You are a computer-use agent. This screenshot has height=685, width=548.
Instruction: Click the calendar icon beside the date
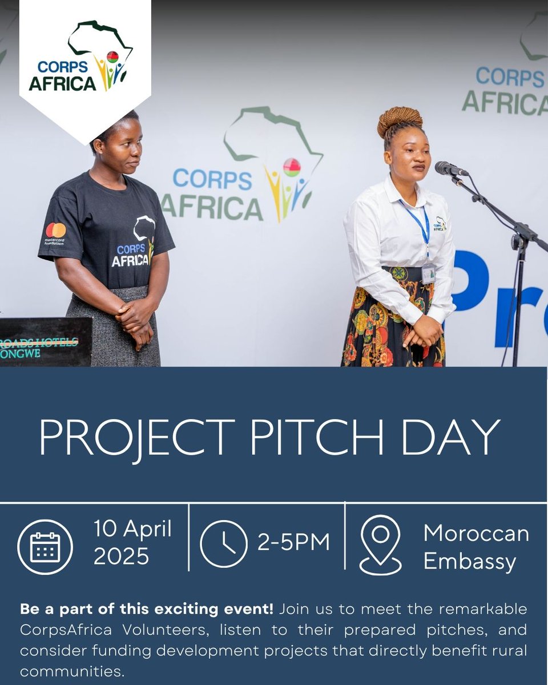(45, 547)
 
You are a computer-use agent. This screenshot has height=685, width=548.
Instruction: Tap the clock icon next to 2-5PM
(224, 543)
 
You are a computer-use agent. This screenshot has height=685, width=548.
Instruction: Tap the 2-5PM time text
(293, 543)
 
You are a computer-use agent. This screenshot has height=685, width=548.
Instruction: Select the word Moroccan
(476, 534)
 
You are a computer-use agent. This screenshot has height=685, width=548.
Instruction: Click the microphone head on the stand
(450, 168)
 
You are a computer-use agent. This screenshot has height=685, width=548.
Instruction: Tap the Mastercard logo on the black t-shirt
(55, 230)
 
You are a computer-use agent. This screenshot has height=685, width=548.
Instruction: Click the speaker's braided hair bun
(400, 120)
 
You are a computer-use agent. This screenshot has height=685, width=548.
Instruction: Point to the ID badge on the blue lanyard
(428, 273)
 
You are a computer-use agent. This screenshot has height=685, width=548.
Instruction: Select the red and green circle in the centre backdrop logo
(292, 167)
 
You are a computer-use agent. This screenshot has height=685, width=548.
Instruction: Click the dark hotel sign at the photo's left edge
(46, 341)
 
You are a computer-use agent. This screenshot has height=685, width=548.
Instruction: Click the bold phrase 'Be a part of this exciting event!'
(147, 609)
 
